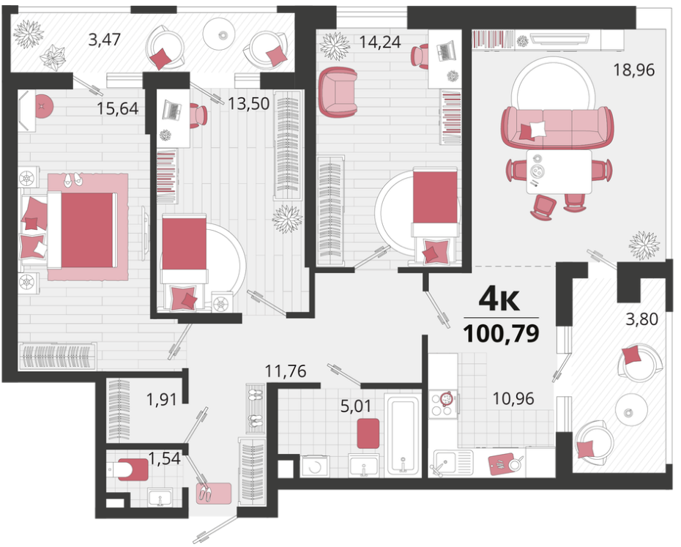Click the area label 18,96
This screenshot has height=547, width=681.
[x=633, y=70]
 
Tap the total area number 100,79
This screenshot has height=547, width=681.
[x=501, y=334]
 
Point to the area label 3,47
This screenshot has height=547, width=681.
[x=104, y=40]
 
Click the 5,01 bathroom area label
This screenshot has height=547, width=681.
[x=356, y=406]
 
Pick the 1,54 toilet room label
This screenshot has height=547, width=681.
[x=164, y=458]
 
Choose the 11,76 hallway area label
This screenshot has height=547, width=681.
[x=286, y=371]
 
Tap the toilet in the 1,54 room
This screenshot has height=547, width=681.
[x=128, y=469]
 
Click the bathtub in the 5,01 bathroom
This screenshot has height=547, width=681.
[x=403, y=434]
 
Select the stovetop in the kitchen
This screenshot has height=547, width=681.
[x=444, y=404]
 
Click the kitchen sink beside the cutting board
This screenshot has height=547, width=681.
[x=451, y=462]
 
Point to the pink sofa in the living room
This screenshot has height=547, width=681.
[x=558, y=127]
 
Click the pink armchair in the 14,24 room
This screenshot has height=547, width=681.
[x=338, y=92]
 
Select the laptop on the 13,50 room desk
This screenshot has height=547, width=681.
[x=172, y=110]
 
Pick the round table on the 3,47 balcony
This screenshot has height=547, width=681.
[x=222, y=34]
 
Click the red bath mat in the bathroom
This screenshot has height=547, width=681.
[x=368, y=433]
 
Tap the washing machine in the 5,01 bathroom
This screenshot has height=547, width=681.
[x=314, y=466]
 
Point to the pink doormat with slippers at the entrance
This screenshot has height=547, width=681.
[x=213, y=493]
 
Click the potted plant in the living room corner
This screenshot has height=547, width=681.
[x=644, y=245]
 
